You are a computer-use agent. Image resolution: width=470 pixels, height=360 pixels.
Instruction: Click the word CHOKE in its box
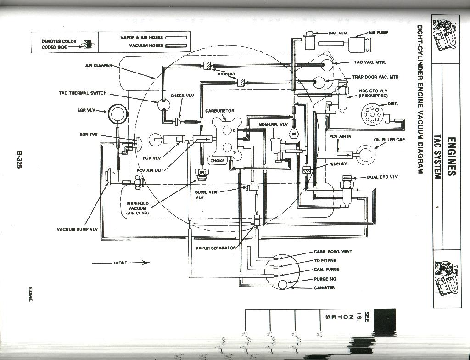[218, 161]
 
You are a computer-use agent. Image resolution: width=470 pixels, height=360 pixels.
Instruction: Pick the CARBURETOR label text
[220, 111]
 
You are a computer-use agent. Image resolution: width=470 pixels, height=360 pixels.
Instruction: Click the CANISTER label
[325, 288]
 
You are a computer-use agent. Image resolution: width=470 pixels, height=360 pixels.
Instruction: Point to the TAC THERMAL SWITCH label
[83, 93]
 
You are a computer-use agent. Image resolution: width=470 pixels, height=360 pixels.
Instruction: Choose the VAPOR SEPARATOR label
[216, 248]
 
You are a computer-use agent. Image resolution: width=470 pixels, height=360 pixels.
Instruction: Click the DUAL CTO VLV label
[382, 177]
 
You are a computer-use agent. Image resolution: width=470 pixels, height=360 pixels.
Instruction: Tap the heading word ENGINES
[451, 156]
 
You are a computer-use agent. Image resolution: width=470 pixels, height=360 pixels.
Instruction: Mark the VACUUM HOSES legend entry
[146, 46]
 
